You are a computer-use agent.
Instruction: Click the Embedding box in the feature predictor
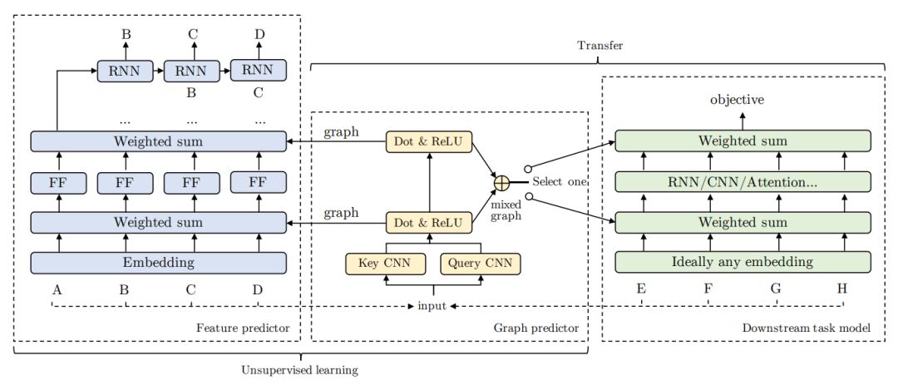(158, 263)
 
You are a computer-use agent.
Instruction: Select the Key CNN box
(387, 264)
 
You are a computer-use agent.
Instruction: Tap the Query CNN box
(480, 264)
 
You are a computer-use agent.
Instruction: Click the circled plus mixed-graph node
(501, 182)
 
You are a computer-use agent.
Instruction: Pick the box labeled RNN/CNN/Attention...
(743, 182)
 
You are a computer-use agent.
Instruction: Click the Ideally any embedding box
(743, 263)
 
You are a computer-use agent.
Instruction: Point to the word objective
(737, 101)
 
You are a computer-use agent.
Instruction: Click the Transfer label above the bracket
(599, 45)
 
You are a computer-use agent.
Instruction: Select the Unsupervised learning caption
(299, 370)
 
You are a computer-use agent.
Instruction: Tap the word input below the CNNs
(432, 306)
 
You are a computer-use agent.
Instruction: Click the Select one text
(560, 182)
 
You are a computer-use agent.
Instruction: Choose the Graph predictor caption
(536, 328)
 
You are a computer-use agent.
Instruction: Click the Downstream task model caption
(806, 328)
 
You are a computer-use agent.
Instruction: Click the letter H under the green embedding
(841, 289)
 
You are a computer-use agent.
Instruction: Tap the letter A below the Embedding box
(57, 289)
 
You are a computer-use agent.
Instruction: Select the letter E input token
(641, 289)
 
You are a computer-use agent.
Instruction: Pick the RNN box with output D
(259, 71)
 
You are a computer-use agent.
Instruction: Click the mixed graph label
(506, 210)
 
